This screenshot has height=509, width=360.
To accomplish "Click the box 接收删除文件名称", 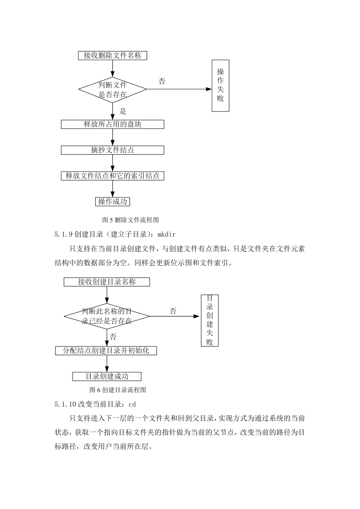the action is click(x=112, y=56).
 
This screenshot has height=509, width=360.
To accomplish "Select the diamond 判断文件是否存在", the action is click(x=112, y=89).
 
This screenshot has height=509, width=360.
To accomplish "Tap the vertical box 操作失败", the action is click(x=220, y=86).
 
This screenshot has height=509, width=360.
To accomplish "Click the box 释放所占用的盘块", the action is click(x=112, y=124).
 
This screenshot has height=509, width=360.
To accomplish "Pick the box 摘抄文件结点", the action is click(x=112, y=150).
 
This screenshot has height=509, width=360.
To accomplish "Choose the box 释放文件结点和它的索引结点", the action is click(x=112, y=176).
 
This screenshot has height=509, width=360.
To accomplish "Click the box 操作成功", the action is click(x=112, y=201).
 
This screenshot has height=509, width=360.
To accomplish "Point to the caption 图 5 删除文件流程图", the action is click(x=130, y=220).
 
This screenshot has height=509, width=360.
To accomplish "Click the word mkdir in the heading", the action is click(x=167, y=234).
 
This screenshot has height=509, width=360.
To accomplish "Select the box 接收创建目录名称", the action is click(x=107, y=282).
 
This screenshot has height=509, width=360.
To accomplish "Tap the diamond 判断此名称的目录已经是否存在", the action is click(x=107, y=316).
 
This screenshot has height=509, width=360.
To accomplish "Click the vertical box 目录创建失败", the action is click(x=210, y=321).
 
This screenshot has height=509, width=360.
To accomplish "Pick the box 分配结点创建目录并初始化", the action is click(x=106, y=351).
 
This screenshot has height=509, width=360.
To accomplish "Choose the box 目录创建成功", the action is click(x=107, y=376).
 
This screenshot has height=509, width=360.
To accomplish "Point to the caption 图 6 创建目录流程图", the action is click(x=118, y=390).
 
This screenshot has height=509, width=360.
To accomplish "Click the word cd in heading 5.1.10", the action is click(x=132, y=405).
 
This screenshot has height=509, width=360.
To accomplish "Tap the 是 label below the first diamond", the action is click(x=123, y=111).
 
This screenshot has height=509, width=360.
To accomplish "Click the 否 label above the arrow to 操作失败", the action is click(x=162, y=81).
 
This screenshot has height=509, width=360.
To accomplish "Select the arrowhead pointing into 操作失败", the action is click(x=209, y=89).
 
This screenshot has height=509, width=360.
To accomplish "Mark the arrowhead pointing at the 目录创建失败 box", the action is click(x=196, y=316).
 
